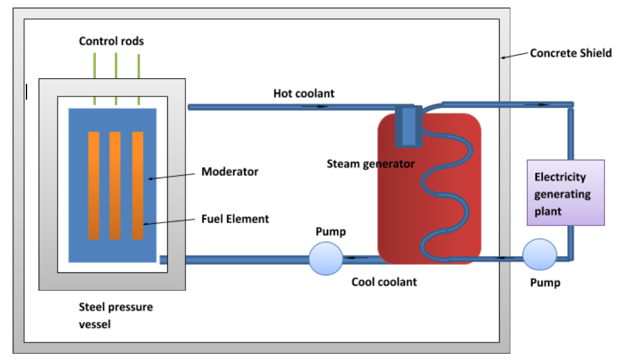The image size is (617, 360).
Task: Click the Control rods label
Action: click(x=111, y=42)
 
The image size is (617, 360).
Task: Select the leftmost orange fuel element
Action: click(x=94, y=185)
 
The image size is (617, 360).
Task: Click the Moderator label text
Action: click(x=230, y=171)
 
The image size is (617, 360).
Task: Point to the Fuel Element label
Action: click(x=235, y=219)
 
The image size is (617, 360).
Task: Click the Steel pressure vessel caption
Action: click(x=115, y=315)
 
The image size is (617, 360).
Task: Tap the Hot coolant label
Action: click(x=303, y=93)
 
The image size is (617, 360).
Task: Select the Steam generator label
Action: click(x=370, y=164)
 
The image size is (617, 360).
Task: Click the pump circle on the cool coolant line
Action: click(x=326, y=258)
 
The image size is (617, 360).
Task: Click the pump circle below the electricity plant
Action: click(x=539, y=255)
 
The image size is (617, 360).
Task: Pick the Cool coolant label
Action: click(x=384, y=282)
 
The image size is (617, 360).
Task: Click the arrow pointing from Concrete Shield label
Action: click(x=514, y=56)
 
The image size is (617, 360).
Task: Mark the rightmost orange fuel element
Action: click(x=138, y=185)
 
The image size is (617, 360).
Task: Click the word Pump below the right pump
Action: click(x=544, y=283)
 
